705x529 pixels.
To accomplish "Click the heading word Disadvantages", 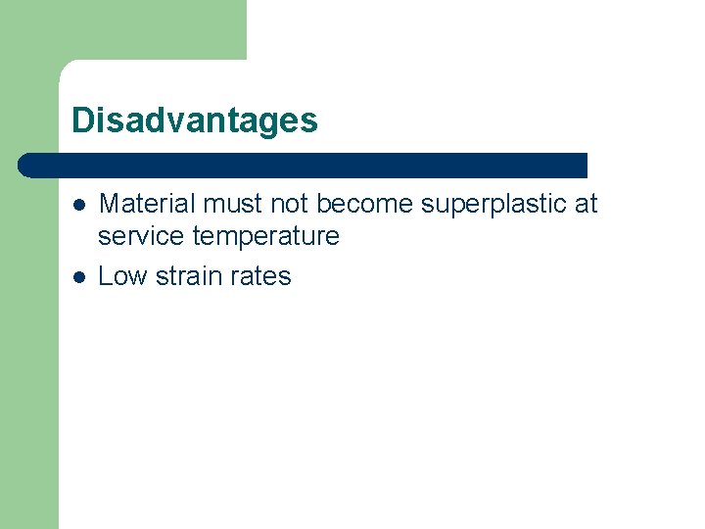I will click(x=195, y=120).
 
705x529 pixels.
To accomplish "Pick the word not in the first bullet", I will click(x=287, y=204).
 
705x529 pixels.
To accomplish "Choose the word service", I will click(x=141, y=236).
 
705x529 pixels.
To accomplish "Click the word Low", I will click(x=121, y=276).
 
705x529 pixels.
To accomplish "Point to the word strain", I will click(x=187, y=276).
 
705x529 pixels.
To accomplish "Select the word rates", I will click(x=260, y=276).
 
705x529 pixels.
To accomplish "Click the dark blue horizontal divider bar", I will click(x=304, y=165).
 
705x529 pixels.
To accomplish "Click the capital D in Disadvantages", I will click(x=82, y=120).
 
